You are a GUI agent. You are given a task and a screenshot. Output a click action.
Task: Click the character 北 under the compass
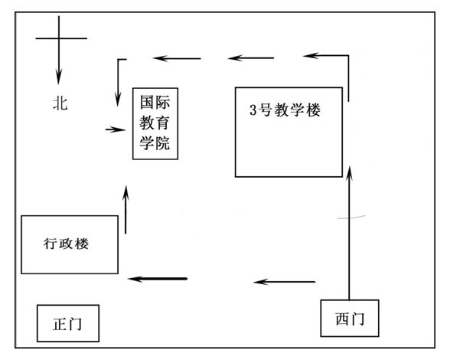click(60, 103)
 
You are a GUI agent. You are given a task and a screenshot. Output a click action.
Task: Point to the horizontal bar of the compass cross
click(61, 38)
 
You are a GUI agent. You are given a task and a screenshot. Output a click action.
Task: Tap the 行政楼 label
click(66, 244)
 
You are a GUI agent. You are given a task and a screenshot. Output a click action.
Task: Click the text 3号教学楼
click(285, 110)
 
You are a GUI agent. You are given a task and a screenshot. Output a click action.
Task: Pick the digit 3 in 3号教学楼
click(253, 110)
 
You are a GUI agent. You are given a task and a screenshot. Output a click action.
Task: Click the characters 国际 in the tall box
click(155, 103)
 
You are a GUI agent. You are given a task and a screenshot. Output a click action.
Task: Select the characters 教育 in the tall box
click(155, 123)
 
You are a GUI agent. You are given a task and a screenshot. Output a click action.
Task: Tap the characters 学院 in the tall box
click(155, 142)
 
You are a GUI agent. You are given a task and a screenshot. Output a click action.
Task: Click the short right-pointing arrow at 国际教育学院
click(116, 129)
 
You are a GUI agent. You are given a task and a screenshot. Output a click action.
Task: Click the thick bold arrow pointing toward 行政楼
click(158, 279)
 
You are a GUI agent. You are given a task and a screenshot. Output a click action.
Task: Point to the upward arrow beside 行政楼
click(126, 210)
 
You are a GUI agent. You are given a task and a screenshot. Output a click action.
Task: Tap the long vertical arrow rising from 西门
click(349, 233)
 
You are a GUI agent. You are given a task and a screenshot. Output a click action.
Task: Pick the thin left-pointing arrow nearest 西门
click(285, 282)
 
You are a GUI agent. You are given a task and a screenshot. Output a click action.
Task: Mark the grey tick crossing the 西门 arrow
click(351, 218)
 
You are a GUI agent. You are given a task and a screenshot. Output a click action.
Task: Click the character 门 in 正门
click(75, 324)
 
